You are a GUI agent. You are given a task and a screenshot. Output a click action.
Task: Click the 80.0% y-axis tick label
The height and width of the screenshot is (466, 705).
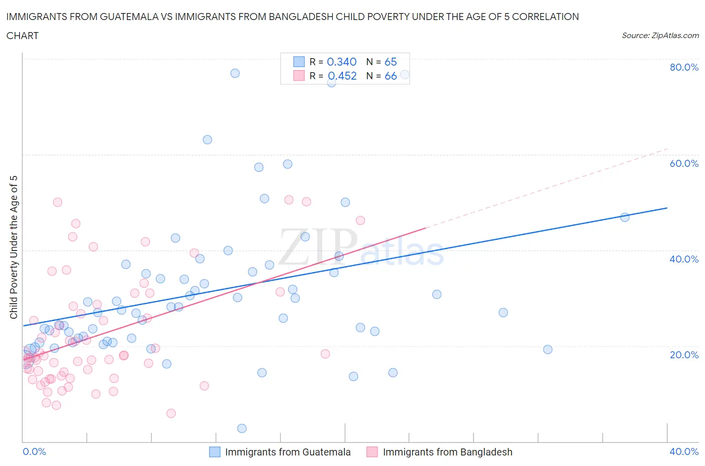click(x=684, y=67)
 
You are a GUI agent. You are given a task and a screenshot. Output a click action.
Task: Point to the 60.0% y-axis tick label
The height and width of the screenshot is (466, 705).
click(x=684, y=163)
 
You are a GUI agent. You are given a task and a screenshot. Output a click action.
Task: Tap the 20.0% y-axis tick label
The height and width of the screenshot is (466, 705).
click(x=684, y=355)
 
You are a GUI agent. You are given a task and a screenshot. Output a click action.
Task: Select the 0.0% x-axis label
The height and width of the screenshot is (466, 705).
click(x=34, y=451)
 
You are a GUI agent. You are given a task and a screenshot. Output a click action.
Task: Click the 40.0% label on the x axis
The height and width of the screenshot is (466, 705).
click(x=684, y=451)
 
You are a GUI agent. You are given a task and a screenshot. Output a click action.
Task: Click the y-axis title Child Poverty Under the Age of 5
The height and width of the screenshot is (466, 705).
click(x=14, y=247)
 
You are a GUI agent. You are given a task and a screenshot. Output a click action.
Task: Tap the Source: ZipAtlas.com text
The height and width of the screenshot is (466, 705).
click(x=660, y=35)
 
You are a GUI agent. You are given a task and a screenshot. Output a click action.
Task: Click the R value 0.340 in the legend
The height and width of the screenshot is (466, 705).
click(x=341, y=62)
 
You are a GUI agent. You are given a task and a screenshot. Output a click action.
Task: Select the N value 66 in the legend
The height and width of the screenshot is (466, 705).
click(x=391, y=76)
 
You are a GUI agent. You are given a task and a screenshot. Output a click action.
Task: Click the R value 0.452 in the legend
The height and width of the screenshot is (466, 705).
click(x=342, y=76)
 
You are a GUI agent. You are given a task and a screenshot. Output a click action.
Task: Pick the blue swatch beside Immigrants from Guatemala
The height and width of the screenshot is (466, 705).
click(x=215, y=452)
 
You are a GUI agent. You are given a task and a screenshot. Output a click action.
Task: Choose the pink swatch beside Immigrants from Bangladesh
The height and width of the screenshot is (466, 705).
click(x=372, y=452)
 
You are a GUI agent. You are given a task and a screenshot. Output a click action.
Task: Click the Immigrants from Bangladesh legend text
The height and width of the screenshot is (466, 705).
click(x=447, y=452)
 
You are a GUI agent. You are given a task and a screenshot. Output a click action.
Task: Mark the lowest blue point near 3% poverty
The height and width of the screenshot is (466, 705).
click(x=242, y=428)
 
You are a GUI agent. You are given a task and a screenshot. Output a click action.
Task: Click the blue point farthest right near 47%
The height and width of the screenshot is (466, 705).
click(x=625, y=217)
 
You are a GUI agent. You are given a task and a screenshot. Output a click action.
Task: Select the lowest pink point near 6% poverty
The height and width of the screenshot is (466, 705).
click(x=171, y=413)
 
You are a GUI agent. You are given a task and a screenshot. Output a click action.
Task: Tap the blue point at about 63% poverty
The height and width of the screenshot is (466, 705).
click(x=207, y=140)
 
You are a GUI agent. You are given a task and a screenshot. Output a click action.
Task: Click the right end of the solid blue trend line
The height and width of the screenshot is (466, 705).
click(x=667, y=207)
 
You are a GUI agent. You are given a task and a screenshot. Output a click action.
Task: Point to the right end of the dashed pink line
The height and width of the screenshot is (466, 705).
click(x=667, y=149)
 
